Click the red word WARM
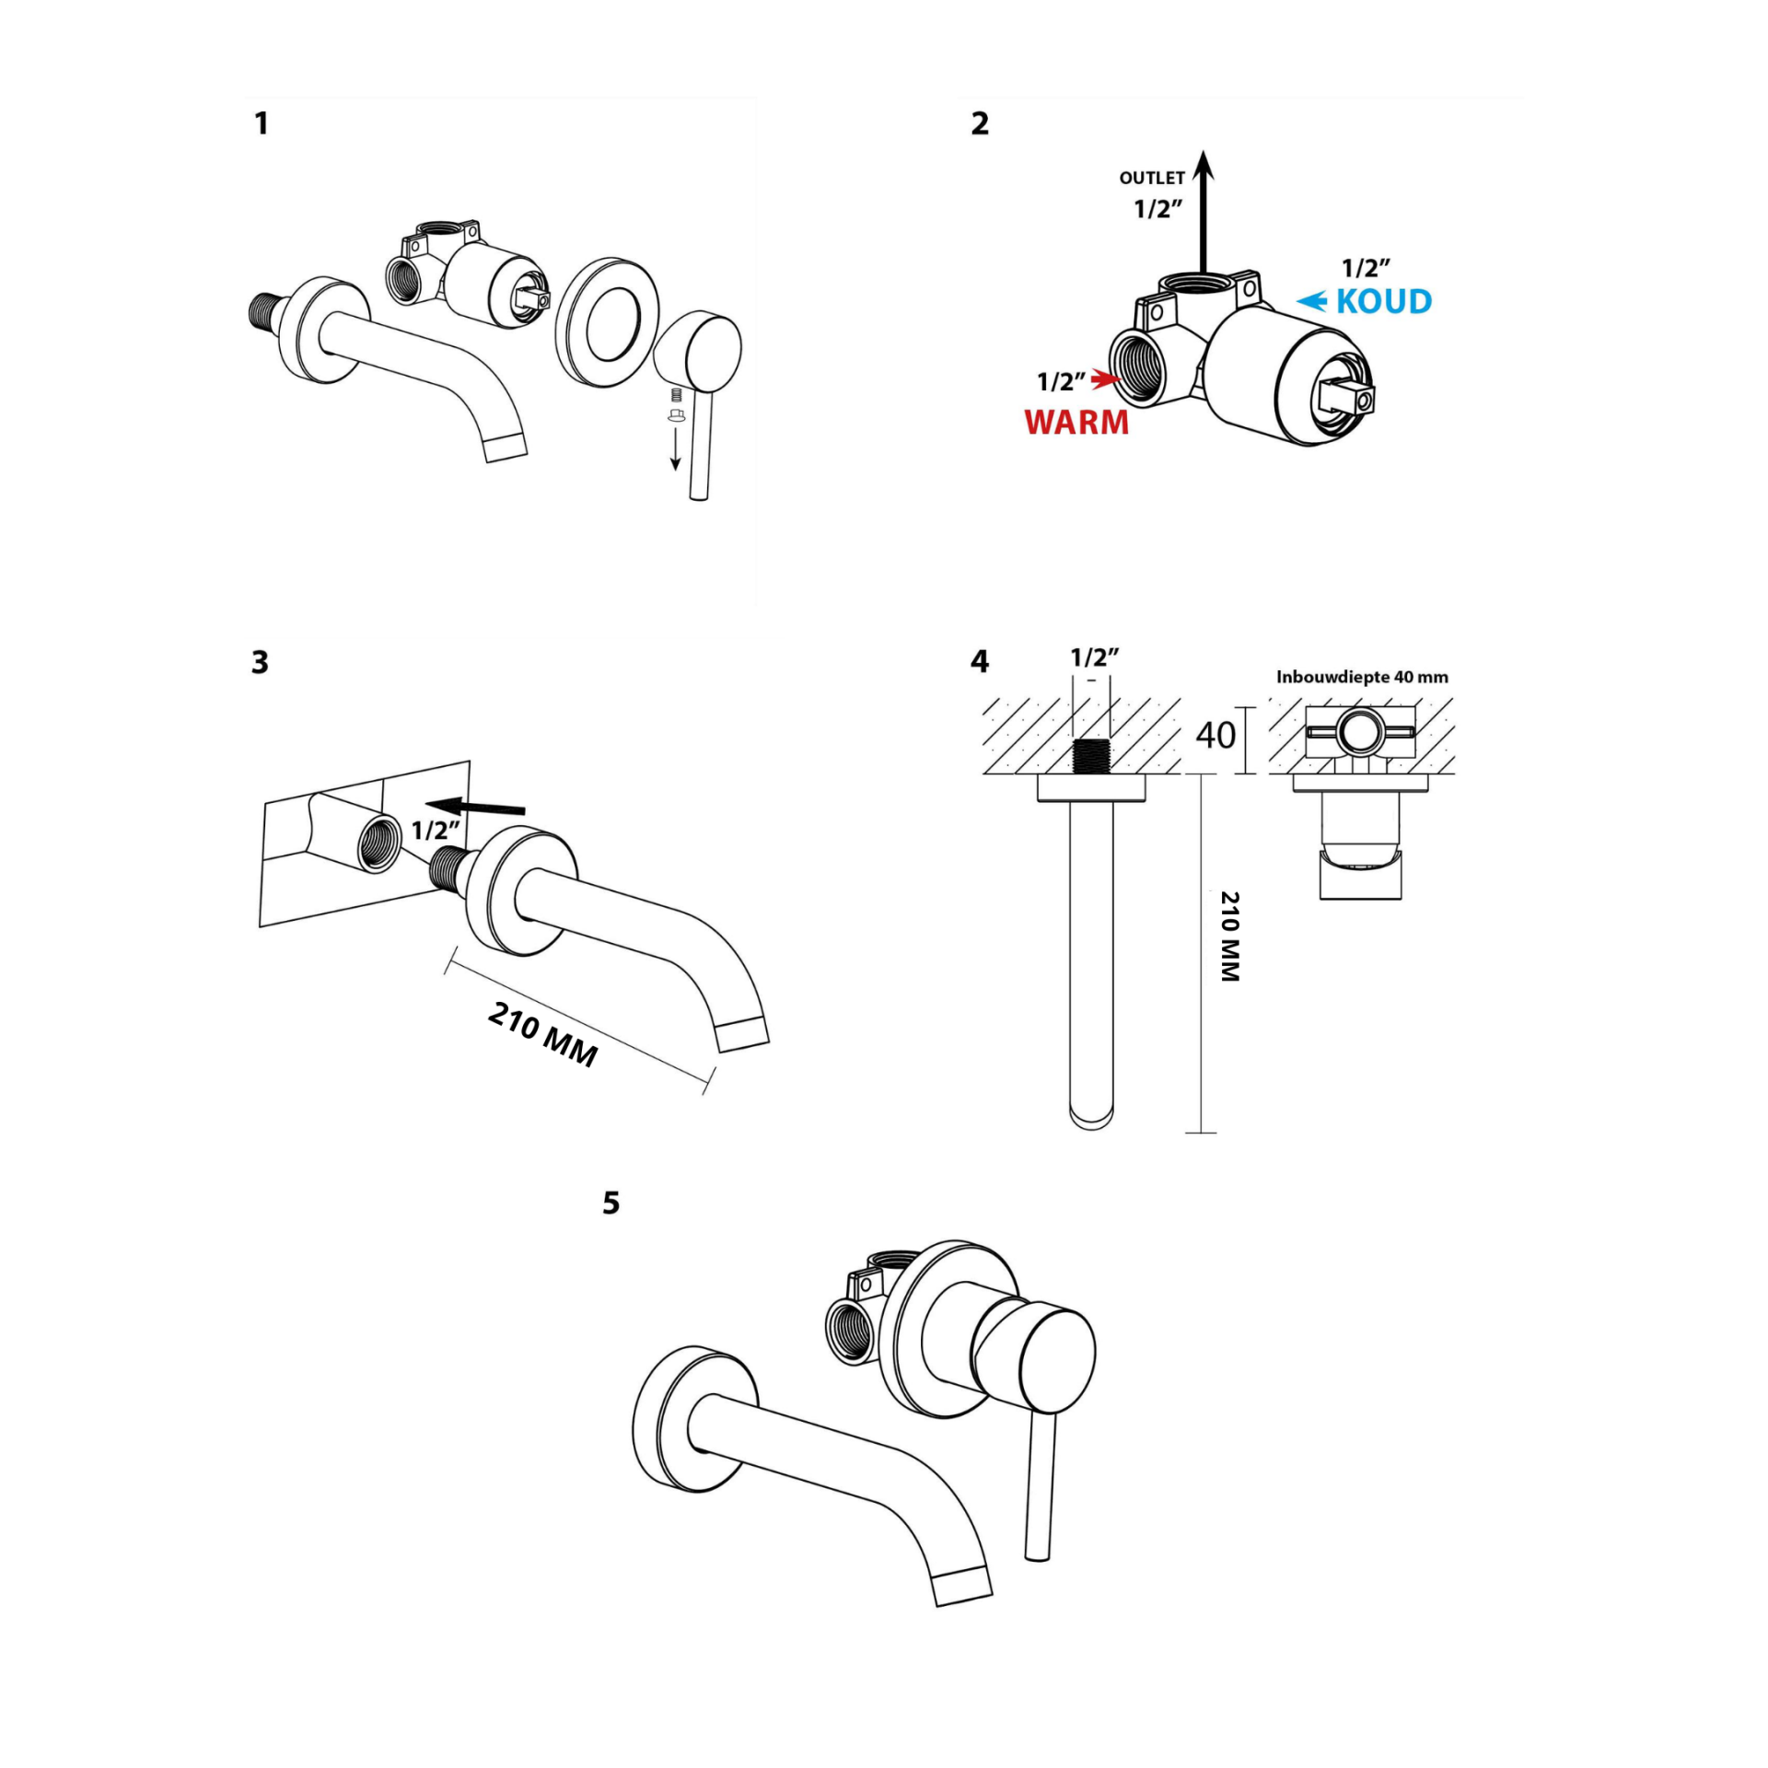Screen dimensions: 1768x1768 point(1076,422)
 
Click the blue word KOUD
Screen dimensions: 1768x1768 point(1384,301)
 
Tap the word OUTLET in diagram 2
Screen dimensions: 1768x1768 point(1151,178)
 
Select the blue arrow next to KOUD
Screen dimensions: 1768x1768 point(1312,300)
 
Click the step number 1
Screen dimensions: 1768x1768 point(262,123)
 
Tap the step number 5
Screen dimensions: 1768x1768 point(611,1203)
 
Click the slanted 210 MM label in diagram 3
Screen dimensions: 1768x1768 point(543,1033)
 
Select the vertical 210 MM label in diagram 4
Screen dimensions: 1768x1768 point(1229,936)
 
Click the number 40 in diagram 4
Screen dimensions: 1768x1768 point(1215,735)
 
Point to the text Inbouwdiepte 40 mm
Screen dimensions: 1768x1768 point(1362,677)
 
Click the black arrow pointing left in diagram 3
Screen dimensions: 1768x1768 point(478,807)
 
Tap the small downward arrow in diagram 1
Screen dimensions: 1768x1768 point(675,448)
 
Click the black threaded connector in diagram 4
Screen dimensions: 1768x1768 point(1092,756)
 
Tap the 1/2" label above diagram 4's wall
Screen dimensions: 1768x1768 point(1094,657)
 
